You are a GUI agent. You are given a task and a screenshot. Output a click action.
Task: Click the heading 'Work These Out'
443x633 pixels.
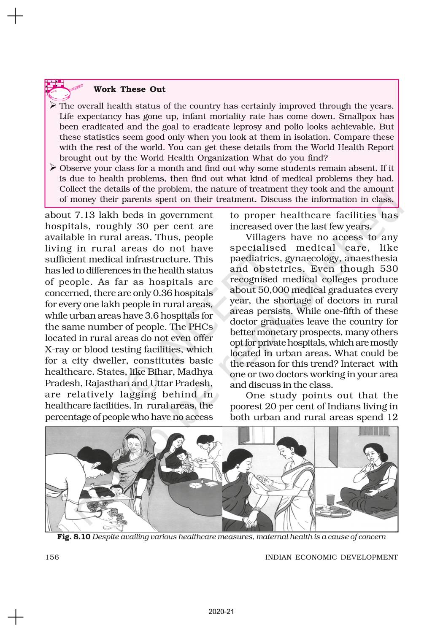tap(130, 89)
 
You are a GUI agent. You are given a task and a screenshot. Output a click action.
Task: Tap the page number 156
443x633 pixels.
tap(52, 557)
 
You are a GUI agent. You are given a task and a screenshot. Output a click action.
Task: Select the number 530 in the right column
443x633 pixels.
tap(389, 269)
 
